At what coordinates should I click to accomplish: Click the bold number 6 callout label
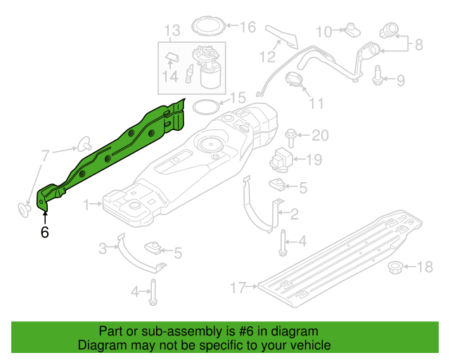44,232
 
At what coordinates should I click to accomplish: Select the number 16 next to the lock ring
248,27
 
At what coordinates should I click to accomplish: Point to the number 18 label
426,266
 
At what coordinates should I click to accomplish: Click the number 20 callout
320,135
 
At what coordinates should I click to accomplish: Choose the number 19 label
313,160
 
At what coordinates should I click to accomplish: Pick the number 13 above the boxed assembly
172,30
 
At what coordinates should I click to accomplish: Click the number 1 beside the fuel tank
87,205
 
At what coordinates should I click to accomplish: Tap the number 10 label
323,31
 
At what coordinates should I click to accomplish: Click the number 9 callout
399,80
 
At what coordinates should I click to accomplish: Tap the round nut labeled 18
397,267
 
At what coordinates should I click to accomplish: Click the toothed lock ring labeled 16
208,27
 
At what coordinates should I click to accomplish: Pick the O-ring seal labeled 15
205,107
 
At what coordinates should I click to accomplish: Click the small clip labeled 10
352,30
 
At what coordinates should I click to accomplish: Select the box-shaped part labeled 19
283,158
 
